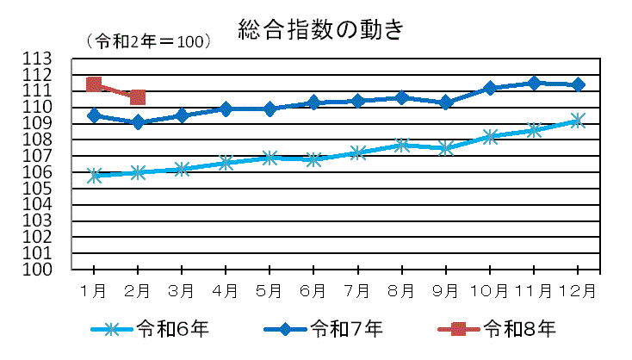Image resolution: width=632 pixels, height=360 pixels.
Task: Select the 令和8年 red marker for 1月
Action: [x=94, y=84]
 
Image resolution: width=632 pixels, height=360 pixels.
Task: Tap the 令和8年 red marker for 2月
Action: [x=138, y=97]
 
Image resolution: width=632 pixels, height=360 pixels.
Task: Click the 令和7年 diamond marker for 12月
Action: [x=578, y=84]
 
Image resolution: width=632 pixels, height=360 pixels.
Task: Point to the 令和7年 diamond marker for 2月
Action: [x=138, y=122]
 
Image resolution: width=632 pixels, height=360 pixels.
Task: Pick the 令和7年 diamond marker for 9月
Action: [x=446, y=102]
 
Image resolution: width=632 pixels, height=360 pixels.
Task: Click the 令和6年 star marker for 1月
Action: [x=94, y=176]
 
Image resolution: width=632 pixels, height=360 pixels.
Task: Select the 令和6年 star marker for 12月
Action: [x=578, y=121]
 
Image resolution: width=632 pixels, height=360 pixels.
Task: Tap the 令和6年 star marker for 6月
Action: [x=313, y=159]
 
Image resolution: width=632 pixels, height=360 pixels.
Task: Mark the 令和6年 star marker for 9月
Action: [x=446, y=148]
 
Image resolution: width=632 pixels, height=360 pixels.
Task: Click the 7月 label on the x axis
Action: [x=357, y=291]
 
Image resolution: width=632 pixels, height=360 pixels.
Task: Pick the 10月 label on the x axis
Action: [x=490, y=291]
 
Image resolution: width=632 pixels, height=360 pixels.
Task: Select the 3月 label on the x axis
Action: [x=182, y=291]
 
